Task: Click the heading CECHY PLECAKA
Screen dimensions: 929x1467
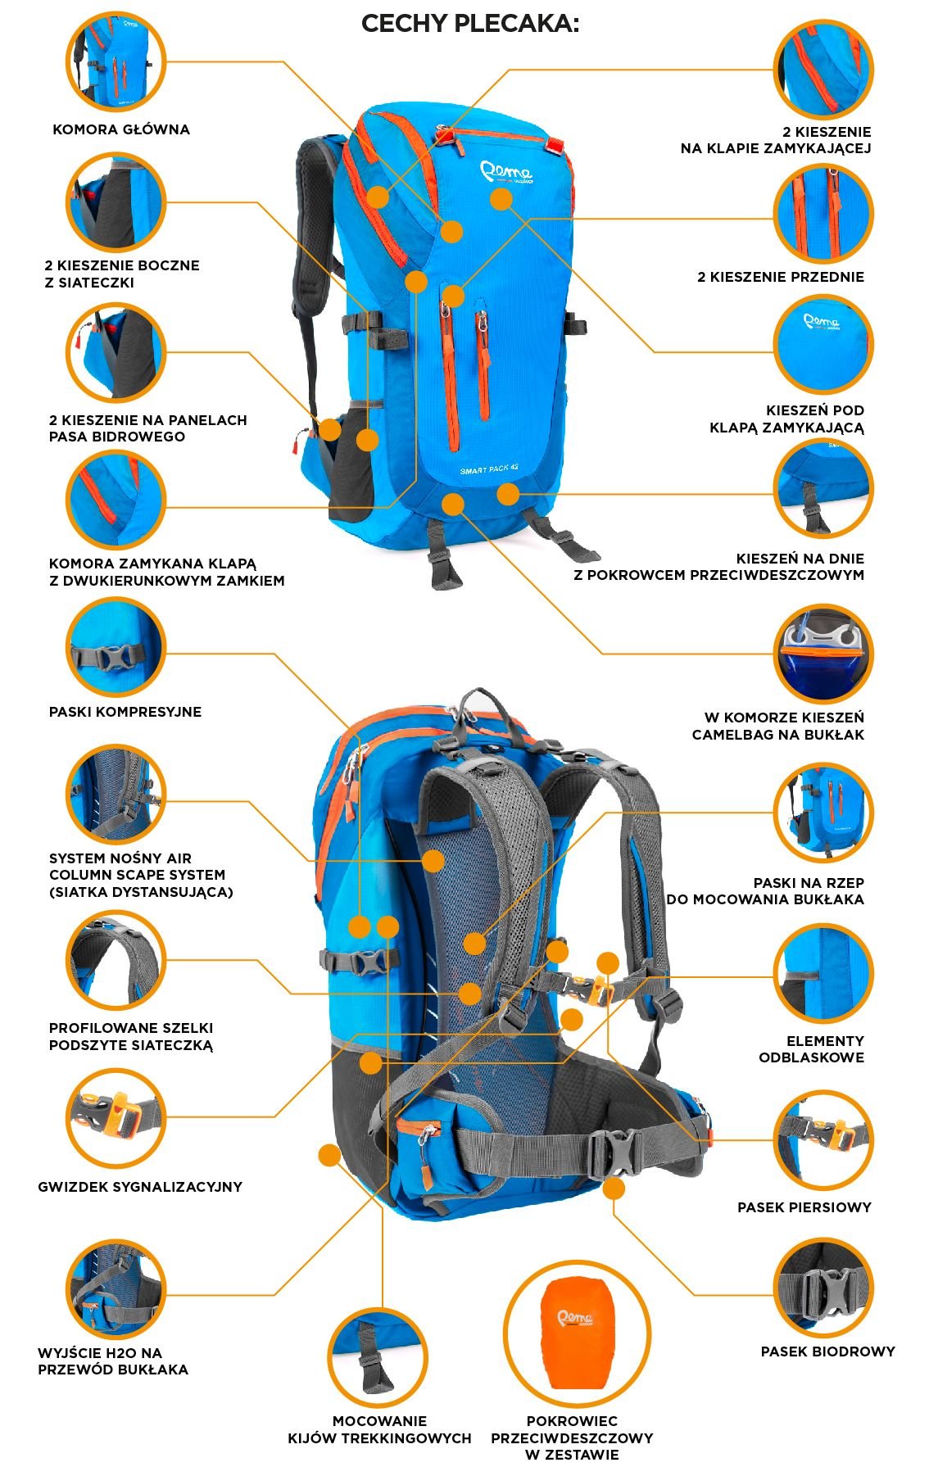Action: tap(470, 24)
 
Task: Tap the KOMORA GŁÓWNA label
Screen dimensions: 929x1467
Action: tap(121, 129)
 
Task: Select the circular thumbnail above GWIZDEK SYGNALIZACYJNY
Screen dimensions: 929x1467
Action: tap(116, 1117)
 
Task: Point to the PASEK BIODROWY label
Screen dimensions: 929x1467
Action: tap(827, 1352)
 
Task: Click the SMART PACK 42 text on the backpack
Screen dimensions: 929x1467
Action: tap(489, 469)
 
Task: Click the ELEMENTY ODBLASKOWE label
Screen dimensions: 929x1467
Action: tap(811, 1049)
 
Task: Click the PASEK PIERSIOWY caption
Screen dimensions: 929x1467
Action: tap(804, 1207)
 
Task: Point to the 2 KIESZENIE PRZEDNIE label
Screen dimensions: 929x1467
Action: tap(781, 277)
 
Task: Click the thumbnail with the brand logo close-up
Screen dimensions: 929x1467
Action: tap(823, 344)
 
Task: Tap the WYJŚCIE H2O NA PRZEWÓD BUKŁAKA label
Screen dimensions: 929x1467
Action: tap(113, 1361)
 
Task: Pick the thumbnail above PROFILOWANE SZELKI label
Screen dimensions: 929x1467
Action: tap(116, 960)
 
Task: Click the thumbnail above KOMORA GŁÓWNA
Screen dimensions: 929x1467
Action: tap(116, 61)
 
